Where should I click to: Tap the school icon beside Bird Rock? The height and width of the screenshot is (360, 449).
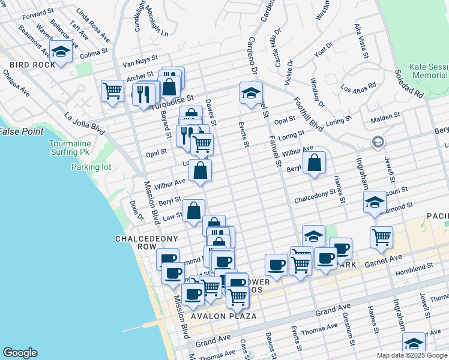(61, 52)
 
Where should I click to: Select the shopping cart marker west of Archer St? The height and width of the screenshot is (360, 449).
(112, 92)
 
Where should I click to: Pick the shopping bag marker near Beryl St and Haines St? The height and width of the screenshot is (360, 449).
(314, 163)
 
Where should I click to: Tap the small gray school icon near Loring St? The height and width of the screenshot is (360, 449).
(378, 142)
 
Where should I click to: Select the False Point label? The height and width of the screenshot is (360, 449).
(17, 131)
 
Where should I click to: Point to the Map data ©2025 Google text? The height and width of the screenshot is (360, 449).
(411, 355)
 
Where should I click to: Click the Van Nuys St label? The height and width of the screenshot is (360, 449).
(139, 62)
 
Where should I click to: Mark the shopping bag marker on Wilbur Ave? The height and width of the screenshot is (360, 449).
(200, 170)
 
